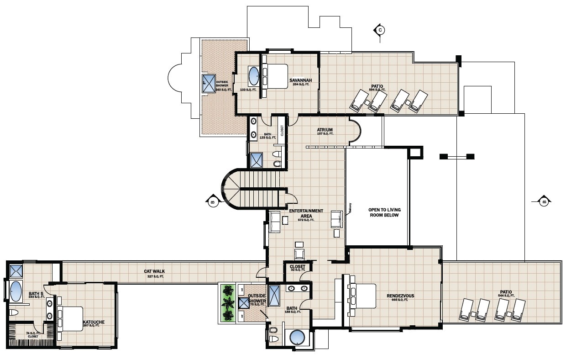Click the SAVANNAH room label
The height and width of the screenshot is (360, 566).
(300, 80)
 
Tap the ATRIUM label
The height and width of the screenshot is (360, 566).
(325, 130)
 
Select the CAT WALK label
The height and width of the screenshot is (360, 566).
(154, 271)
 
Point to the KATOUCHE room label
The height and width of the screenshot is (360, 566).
(94, 322)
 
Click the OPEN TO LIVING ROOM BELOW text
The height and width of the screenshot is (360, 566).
(384, 212)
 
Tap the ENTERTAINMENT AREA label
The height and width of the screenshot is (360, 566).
(306, 213)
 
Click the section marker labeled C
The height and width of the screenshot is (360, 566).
(379, 30)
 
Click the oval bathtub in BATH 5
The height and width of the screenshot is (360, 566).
(16, 291)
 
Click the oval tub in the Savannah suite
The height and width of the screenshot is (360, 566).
(253, 76)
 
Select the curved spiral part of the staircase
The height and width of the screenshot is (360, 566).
(231, 188)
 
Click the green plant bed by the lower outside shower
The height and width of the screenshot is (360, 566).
(227, 302)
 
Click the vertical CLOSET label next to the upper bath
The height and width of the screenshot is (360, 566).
(282, 131)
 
